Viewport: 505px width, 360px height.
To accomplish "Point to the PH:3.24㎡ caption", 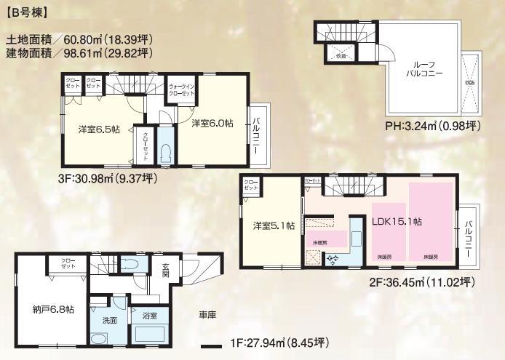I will coord(432,126).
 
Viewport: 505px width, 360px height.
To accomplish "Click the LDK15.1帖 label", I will coord(397,221).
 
